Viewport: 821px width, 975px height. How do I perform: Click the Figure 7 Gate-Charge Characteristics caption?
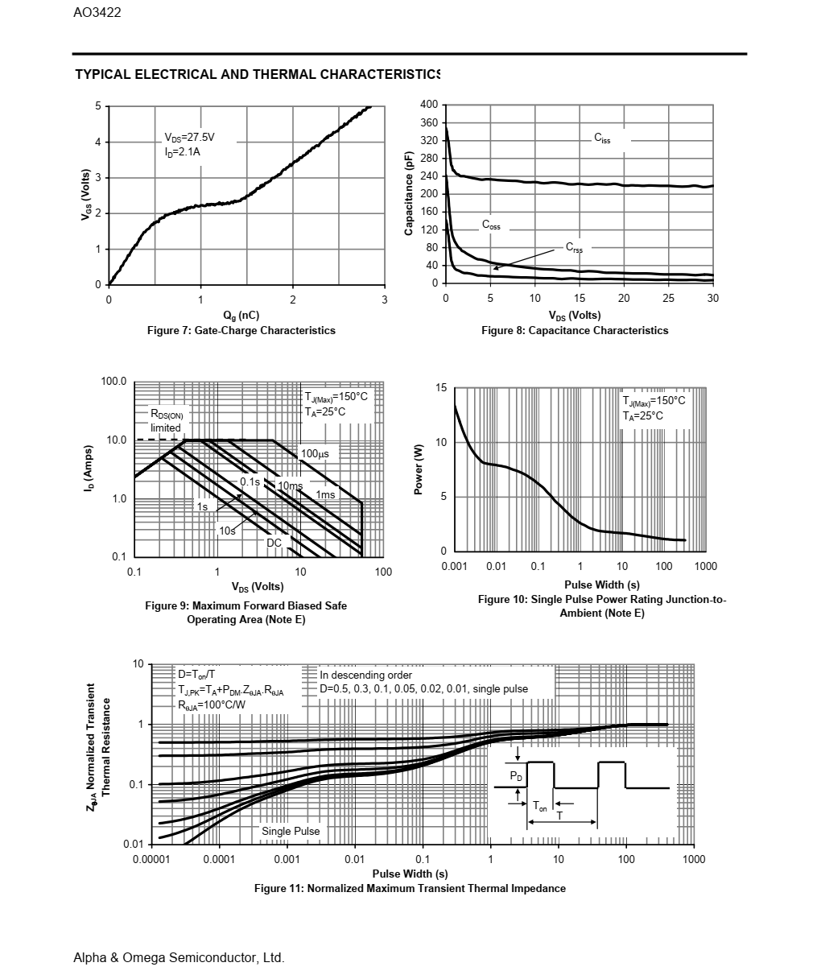[241, 330]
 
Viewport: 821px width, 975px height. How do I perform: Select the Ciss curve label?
[602, 138]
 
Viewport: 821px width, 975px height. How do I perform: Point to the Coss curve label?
[491, 225]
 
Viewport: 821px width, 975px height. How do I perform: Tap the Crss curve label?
[573, 247]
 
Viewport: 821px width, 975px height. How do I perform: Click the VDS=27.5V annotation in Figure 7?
[189, 138]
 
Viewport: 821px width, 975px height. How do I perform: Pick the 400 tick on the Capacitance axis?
[429, 105]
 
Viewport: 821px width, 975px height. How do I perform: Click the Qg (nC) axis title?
[241, 315]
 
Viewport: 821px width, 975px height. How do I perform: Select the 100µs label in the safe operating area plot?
[315, 454]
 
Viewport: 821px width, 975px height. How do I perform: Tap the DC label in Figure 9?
[274, 543]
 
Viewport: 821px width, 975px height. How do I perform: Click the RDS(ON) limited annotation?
[167, 420]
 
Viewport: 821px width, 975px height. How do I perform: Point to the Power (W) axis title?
[419, 470]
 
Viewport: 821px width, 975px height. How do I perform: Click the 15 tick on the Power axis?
[441, 388]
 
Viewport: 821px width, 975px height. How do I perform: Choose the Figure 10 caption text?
[601, 606]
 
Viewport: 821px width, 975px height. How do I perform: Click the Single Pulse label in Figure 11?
[291, 831]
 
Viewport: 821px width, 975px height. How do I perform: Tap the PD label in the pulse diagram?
[516, 776]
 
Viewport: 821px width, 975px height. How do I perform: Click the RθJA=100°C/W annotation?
[212, 704]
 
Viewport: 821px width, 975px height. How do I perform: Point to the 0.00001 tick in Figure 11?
[151, 859]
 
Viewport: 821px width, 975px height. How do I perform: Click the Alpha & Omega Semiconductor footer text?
[179, 957]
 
